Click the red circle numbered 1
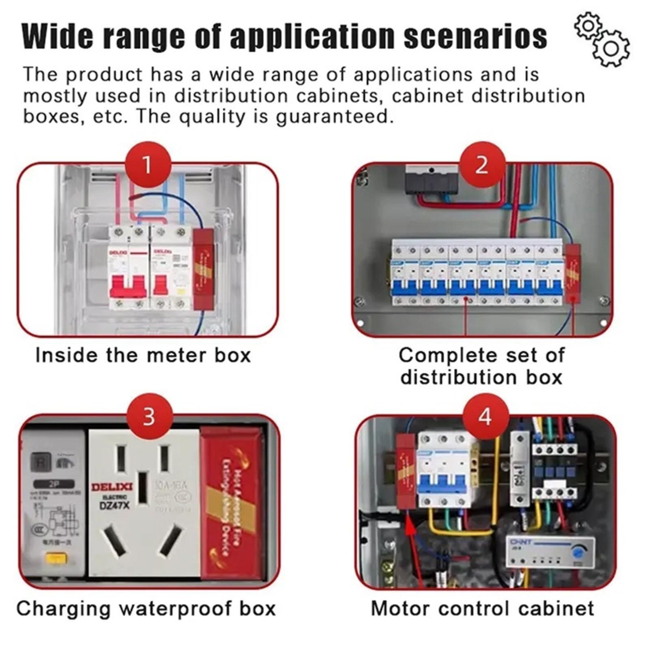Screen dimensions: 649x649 tap(148, 165)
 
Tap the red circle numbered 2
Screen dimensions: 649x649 tap(482, 165)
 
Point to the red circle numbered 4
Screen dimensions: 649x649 tap(486, 417)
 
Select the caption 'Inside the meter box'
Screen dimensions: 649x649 tap(143, 355)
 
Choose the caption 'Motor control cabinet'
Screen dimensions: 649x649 tap(482, 608)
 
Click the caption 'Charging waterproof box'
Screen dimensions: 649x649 tap(146, 608)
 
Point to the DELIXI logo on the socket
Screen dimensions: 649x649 tap(112, 487)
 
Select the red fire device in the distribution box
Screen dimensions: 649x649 tap(572, 274)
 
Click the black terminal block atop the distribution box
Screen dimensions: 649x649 tap(432, 181)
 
